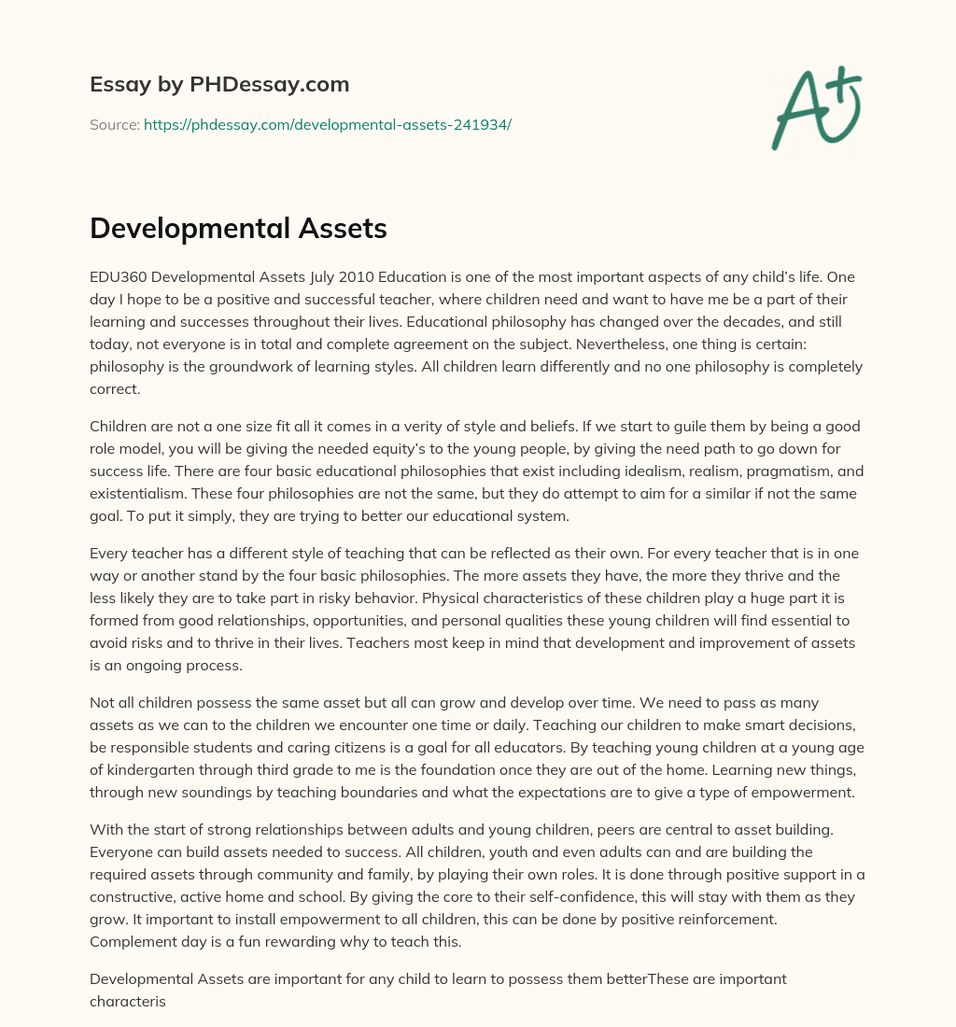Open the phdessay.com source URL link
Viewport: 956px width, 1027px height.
(327, 124)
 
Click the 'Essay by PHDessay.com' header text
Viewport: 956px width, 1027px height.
(219, 84)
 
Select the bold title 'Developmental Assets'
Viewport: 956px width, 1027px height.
(238, 228)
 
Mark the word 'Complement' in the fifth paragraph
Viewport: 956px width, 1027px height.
(132, 941)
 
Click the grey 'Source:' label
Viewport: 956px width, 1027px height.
(114, 124)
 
